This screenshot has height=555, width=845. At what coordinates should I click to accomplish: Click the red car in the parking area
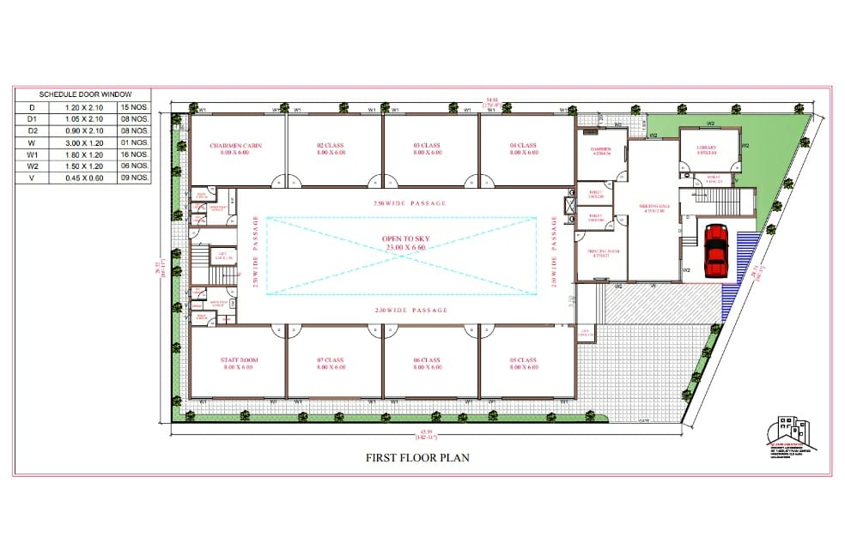[x=716, y=250]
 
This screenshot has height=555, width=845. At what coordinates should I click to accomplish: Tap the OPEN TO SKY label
[x=405, y=239]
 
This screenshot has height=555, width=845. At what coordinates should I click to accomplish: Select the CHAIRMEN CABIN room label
[x=236, y=146]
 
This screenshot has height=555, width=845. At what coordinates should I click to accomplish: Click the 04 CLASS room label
[x=523, y=146]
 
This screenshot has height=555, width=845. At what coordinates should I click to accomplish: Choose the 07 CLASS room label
[x=331, y=360]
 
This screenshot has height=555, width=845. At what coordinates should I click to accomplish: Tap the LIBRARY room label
[x=707, y=148]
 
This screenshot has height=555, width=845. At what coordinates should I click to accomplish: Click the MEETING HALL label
[x=654, y=207]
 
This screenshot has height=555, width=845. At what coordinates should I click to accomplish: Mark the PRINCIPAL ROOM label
[x=602, y=252]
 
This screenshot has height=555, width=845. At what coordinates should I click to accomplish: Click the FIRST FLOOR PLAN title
[x=417, y=457]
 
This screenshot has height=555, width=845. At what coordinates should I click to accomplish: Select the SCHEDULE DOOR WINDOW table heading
[x=83, y=94]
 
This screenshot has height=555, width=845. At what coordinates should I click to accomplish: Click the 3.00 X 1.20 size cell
[x=83, y=142]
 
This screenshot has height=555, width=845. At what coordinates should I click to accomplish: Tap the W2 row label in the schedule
[x=32, y=166]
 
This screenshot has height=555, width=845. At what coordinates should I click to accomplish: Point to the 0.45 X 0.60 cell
[x=83, y=178]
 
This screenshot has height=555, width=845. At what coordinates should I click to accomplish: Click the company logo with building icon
[x=791, y=433]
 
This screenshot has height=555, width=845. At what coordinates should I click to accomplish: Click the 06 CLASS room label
[x=427, y=360]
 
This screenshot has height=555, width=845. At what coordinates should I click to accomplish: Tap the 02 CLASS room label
[x=331, y=146]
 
